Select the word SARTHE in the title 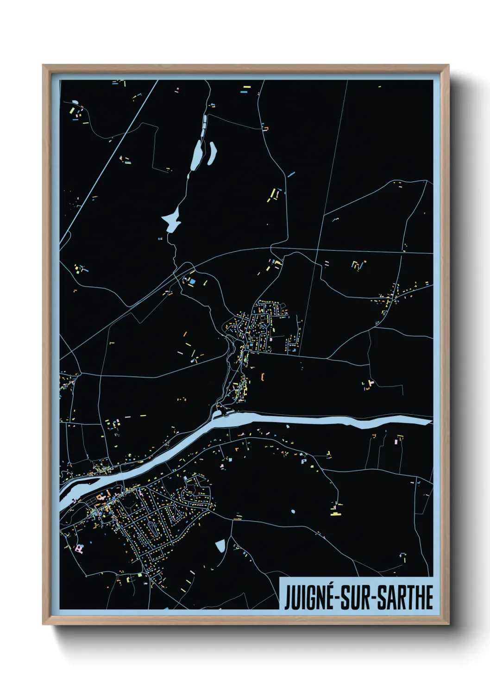405,597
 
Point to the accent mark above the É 329,585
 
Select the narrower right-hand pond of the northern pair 213,153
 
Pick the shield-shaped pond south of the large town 220,546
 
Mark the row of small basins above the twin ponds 204,122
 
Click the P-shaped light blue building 304,461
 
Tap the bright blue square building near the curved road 192,280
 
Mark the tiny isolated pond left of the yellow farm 293,511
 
